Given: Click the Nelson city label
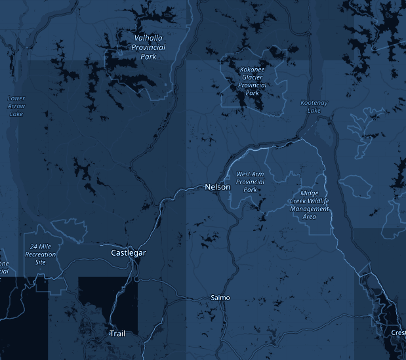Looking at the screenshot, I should [218, 187].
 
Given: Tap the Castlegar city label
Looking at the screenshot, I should [128, 252].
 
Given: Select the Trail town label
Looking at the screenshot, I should [117, 334].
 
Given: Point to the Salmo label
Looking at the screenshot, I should [220, 298].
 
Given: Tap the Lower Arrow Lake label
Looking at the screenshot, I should [16, 106].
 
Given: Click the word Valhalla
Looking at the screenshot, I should [148, 38].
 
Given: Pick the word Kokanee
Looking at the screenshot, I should [253, 70].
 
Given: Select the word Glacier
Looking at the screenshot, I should [252, 77].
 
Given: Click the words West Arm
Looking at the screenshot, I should [249, 174].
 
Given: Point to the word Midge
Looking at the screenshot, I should [310, 193].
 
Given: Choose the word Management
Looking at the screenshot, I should [310, 209].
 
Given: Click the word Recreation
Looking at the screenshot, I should [41, 254].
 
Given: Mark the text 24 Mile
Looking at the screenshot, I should [41, 246].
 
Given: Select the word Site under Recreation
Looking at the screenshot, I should [41, 262].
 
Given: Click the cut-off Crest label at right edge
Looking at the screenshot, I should [398, 332].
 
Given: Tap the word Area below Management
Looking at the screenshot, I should [310, 216].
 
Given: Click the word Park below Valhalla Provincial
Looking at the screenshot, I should [148, 56].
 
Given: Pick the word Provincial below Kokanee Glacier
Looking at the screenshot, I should [252, 85].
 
